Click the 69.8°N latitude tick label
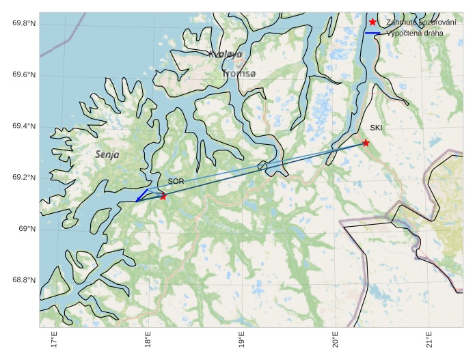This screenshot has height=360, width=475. (x=24, y=24)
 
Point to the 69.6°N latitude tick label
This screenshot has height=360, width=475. (x=24, y=75)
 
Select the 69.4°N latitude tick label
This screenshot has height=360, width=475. (x=24, y=126)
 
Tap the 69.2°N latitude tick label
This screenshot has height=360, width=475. (x=24, y=178)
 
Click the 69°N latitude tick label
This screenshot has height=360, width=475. (x=27, y=229)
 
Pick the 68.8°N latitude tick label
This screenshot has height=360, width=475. (x=24, y=280)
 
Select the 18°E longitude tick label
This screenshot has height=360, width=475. (x=148, y=340)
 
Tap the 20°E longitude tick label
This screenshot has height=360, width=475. (x=335, y=340)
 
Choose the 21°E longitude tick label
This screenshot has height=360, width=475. (x=429, y=340)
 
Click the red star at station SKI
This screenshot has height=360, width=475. (x=366, y=143)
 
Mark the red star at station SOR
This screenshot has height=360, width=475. (x=163, y=197)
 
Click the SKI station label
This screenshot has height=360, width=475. (x=377, y=128)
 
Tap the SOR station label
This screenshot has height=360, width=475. (x=176, y=182)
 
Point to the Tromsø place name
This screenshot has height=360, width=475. (x=239, y=73)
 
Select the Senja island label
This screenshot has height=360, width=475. (x=107, y=155)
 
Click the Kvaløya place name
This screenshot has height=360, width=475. (x=226, y=54)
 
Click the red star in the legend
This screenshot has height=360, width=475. (x=372, y=23)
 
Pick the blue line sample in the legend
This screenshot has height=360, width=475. (x=372, y=33)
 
